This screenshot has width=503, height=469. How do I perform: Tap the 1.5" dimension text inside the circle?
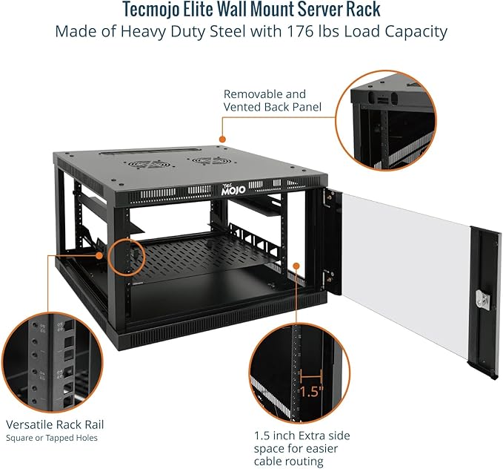[312, 391]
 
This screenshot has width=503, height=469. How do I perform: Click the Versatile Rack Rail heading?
[55, 424]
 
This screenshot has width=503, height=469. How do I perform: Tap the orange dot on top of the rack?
[221, 138]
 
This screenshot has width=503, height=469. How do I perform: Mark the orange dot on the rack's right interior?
[296, 264]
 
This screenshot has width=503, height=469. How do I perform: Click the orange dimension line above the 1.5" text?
[312, 375]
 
